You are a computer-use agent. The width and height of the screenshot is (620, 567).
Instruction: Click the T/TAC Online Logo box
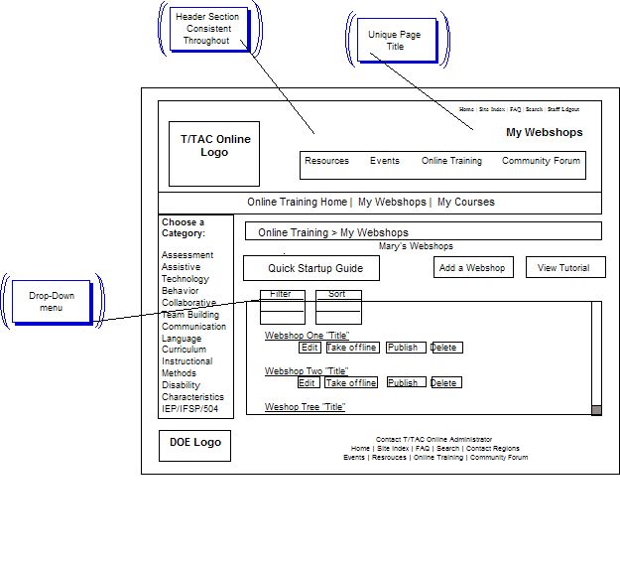[214, 153]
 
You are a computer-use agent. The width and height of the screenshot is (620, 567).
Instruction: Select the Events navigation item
[385, 161]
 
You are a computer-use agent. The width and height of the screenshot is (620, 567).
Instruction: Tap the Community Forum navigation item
[541, 161]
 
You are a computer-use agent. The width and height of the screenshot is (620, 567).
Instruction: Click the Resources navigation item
[326, 161]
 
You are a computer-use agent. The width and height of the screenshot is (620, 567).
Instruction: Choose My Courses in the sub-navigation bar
[465, 203]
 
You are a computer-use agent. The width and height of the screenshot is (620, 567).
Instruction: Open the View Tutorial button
[563, 268]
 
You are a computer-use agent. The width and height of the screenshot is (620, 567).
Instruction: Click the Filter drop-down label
[281, 295]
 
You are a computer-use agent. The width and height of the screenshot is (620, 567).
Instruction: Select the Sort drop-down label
[337, 295]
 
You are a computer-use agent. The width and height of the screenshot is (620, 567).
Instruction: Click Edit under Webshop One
[310, 348]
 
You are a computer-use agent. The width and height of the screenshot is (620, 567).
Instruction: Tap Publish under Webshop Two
[405, 383]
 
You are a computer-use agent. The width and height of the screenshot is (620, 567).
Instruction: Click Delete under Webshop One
[445, 348]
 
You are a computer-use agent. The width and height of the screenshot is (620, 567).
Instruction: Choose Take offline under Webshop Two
[351, 383]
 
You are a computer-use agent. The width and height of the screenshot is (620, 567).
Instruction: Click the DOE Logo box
[194, 445]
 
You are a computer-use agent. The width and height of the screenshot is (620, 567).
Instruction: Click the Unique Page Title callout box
[395, 41]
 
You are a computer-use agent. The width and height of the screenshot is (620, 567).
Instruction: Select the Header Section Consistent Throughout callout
[206, 29]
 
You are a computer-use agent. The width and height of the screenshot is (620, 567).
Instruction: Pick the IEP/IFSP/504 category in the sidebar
[190, 409]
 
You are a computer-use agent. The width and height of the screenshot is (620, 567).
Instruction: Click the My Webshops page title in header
[544, 133]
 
